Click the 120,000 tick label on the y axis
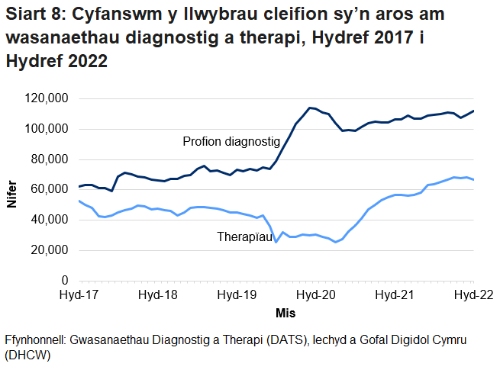pos(47,98)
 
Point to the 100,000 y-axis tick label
pos(47,129)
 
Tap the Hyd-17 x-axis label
pos(77,295)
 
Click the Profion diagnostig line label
pos(231,141)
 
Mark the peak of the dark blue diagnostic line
pos(309,108)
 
